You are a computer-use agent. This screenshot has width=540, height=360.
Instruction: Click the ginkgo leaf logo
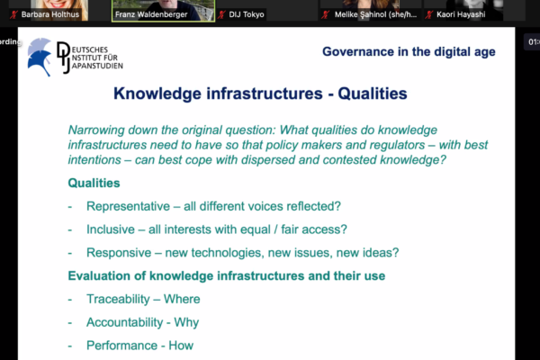[40, 57]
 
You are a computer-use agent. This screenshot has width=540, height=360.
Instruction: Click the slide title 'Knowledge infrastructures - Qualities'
[260, 94]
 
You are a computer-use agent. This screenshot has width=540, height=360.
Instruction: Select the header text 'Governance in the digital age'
[409, 51]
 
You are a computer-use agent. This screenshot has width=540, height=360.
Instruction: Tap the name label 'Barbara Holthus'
[49, 14]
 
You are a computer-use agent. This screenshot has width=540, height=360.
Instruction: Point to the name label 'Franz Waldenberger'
[151, 14]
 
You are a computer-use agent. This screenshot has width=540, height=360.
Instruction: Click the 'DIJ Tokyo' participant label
[247, 14]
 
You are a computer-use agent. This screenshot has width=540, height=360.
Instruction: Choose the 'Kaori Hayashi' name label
[461, 14]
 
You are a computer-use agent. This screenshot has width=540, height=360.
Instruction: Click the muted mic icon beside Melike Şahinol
[325, 14]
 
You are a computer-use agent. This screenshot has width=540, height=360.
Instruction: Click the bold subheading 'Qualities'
[94, 183]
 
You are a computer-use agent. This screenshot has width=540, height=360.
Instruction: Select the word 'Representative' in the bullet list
[128, 206]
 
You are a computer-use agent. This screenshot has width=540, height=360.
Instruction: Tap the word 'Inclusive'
[111, 229]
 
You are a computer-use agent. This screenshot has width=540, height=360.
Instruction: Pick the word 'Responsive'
[119, 253]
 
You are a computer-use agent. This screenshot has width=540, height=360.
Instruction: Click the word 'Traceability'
[118, 299]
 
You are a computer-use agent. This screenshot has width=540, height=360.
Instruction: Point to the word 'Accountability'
[125, 322]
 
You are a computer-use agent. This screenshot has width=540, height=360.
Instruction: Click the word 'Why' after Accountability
[186, 322]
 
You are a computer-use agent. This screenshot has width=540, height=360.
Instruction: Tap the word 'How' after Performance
[181, 346]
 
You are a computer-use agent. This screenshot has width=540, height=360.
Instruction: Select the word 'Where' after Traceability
[182, 299]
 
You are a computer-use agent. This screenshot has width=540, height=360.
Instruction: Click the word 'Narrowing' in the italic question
[96, 130]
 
